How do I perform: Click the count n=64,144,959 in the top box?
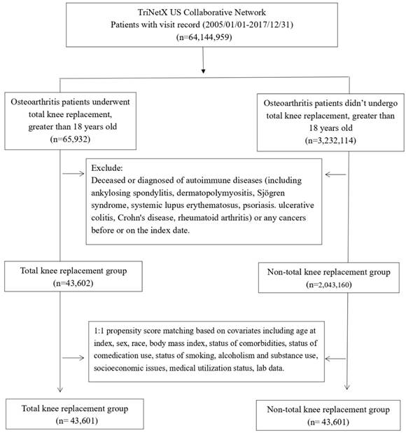pos(204,37)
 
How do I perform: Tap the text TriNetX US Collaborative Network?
pos(202,13)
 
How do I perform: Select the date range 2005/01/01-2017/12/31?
pos(246,25)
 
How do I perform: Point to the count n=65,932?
pos(70,139)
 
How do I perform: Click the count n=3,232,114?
pos(330,140)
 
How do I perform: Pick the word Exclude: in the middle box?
pos(107,168)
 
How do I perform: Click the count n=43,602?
pos(73,283)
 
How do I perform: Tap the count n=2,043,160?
pos(329,284)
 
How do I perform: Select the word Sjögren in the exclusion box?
pos(271,193)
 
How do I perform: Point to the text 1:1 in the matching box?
pos(99,331)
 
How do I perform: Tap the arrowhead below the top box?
pos(203,71)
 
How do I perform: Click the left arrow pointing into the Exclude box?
pos(73,174)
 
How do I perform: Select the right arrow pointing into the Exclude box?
pos(336,174)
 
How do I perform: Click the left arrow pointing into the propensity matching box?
pos(73,358)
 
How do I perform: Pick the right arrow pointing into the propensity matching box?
pos(336,359)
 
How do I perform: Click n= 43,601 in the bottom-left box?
pos(77,421)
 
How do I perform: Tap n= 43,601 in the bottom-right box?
pos(328,422)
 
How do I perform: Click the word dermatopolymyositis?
pos(215,193)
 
